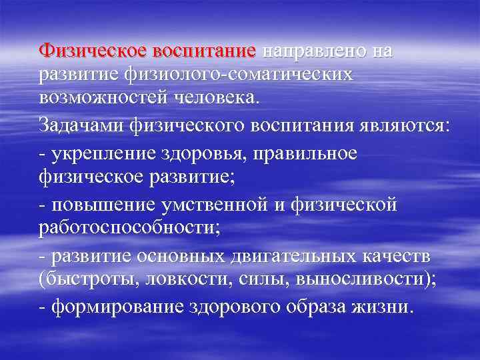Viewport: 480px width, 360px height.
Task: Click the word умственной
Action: (x=218, y=205)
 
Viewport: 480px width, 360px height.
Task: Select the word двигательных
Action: (x=301, y=255)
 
